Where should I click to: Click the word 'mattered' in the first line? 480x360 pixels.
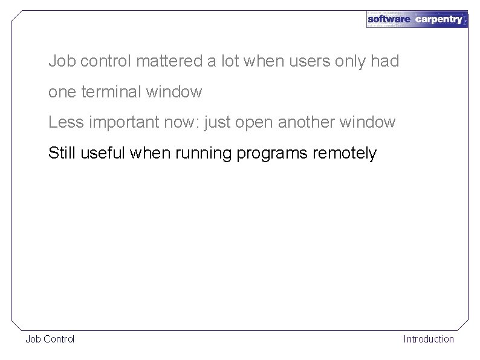pyautogui.click(x=170, y=61)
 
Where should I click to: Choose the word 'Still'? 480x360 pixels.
pyautogui.click(x=63, y=153)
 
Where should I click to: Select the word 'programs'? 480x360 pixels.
pyautogui.click(x=273, y=154)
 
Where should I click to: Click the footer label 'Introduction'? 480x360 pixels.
pyautogui.click(x=429, y=339)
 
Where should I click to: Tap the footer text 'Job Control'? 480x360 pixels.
pyautogui.click(x=50, y=339)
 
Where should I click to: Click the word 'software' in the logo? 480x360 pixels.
pyautogui.click(x=389, y=19)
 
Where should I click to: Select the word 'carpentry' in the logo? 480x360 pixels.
pyautogui.click(x=439, y=19)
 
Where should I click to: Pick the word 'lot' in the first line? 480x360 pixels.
pyautogui.click(x=228, y=61)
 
